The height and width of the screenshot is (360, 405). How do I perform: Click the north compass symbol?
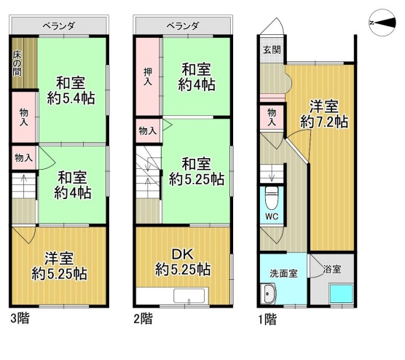point(382,23)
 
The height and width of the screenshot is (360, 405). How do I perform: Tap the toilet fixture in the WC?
point(272,197)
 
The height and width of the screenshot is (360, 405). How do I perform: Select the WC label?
point(272,216)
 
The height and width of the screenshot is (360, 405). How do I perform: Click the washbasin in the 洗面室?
point(268,294)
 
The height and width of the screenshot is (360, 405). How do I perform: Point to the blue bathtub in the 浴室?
point(341,294)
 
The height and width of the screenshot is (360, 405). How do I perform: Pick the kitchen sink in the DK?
point(191,296)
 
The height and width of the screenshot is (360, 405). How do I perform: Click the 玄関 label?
point(272,50)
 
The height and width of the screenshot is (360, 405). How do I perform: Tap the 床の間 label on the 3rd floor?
point(17,63)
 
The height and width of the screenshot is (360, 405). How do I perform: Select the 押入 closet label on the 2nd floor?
point(148,77)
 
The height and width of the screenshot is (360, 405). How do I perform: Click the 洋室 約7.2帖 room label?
point(324,114)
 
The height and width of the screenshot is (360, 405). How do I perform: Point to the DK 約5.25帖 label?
point(183,262)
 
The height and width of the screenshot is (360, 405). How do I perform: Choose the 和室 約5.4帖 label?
point(71,90)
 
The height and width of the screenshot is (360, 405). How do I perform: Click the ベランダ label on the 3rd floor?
point(59,26)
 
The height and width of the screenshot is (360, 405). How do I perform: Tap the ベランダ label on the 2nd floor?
point(183,26)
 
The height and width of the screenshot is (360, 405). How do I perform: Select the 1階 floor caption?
point(267,318)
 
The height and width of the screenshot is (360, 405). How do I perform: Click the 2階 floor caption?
point(143,318)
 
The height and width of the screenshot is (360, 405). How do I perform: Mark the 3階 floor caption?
point(20,318)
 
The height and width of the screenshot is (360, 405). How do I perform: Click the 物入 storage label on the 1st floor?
point(272,117)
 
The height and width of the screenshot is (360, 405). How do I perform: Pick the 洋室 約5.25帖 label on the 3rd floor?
point(59,266)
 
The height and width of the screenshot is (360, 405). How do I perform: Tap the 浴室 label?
point(332,269)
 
